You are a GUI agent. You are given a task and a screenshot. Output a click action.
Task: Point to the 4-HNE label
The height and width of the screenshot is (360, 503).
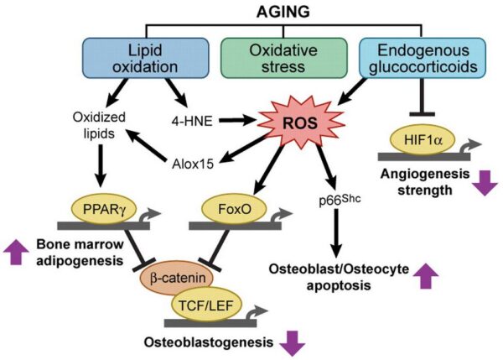coord(187,122)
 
